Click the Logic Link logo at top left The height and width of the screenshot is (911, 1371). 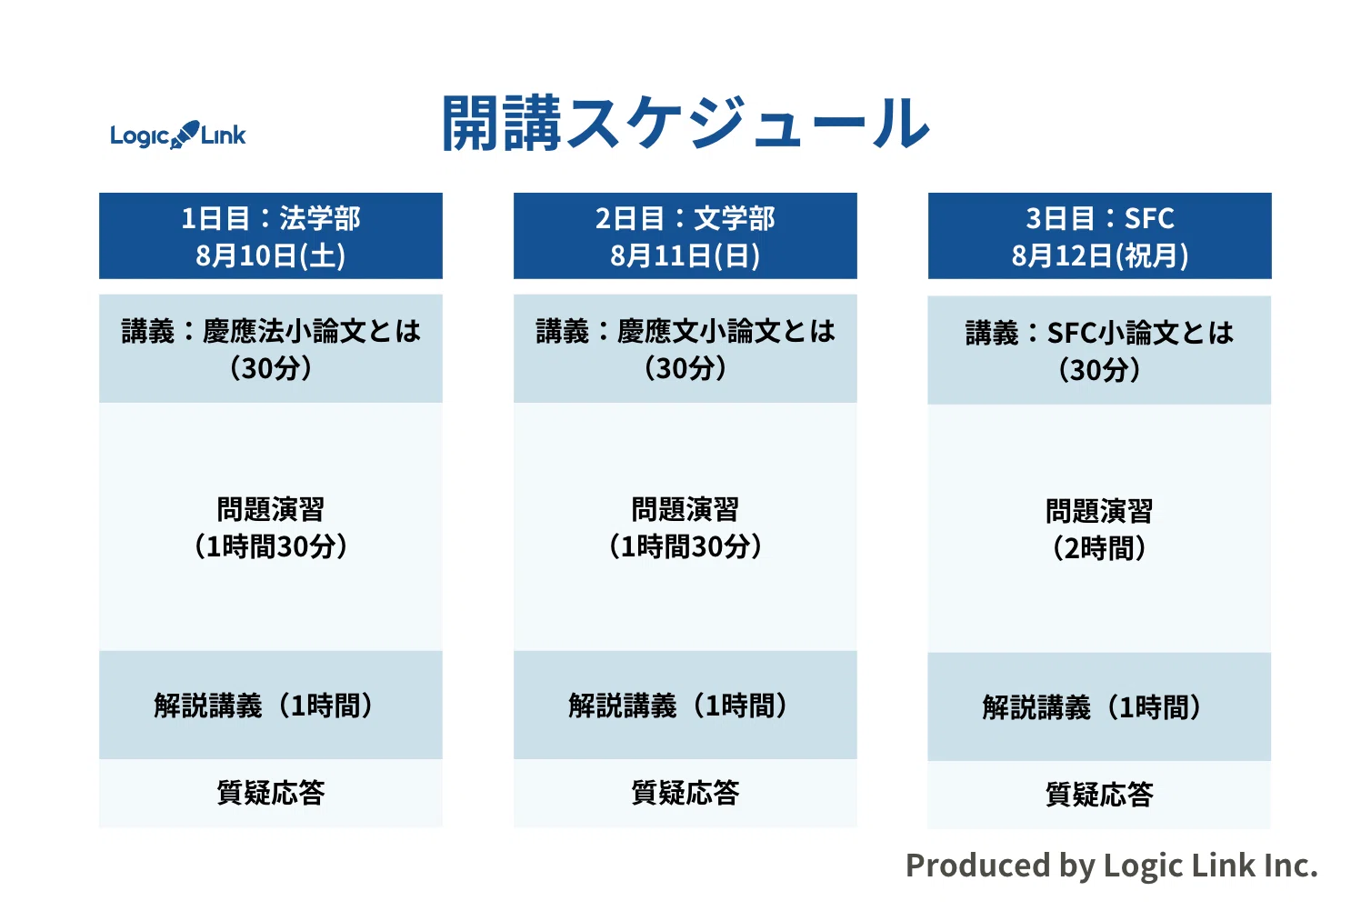[x=177, y=135]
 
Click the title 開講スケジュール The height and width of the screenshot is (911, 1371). [x=685, y=123]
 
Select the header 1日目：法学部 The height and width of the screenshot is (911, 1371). [x=271, y=218]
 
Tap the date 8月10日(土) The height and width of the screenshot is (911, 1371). [x=271, y=255]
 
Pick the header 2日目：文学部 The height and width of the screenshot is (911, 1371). [x=685, y=218]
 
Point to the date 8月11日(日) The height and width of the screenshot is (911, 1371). [x=685, y=255]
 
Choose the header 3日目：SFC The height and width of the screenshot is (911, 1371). [x=1100, y=218]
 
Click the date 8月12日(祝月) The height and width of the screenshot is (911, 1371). [x=1100, y=255]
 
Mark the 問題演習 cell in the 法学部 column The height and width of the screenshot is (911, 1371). [x=271, y=527]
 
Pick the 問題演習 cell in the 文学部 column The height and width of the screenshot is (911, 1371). [x=685, y=527]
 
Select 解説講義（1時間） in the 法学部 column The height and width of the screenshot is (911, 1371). [x=264, y=706]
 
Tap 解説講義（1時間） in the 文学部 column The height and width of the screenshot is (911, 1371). [x=678, y=706]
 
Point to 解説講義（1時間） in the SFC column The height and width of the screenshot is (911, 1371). [x=1093, y=707]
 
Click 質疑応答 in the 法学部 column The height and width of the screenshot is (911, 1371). [x=271, y=793]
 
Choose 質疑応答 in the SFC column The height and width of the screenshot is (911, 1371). [x=1099, y=795]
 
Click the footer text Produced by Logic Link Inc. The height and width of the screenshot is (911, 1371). [x=1112, y=866]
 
